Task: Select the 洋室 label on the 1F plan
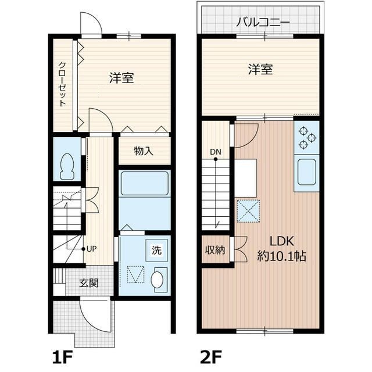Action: coord(121,77)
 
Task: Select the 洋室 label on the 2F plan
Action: coord(260,70)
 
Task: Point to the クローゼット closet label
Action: coord(62,84)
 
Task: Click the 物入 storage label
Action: coord(143,152)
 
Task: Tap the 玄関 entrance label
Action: coord(89,284)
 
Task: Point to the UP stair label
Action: coord(91,249)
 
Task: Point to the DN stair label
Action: coord(216,152)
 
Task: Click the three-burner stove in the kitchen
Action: coord(306,138)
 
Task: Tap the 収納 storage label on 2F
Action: coord(214,251)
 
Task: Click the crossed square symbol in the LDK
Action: coord(249,210)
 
